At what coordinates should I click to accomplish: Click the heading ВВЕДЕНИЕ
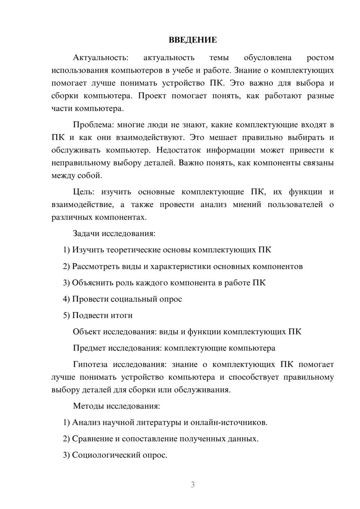(x=193, y=40)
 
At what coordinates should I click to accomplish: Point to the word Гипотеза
(x=90, y=364)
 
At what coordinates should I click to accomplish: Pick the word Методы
(x=89, y=406)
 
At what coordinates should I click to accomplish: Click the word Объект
(x=87, y=332)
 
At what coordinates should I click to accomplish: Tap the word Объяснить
(x=93, y=283)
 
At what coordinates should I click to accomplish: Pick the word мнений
(x=247, y=204)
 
